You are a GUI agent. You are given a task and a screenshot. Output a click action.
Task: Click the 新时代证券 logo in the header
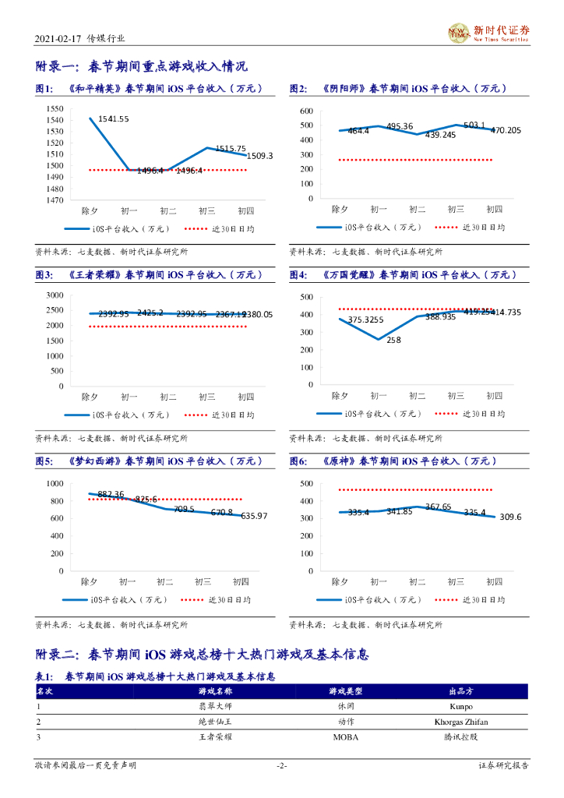[488, 33]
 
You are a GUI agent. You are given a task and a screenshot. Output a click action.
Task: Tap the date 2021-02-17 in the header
[57, 38]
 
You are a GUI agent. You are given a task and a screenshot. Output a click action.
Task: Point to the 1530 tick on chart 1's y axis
[55, 132]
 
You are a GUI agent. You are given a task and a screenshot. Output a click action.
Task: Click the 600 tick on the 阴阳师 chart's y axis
[305, 111]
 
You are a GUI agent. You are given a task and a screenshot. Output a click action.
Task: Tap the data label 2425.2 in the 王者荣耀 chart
[150, 312]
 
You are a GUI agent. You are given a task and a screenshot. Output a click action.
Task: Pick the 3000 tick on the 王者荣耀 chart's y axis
[55, 295]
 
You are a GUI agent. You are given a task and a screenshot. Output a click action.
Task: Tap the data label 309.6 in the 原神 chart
[511, 517]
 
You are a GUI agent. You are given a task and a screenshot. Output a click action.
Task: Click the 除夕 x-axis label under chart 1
[90, 210]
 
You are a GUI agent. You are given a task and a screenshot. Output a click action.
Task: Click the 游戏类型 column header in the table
[345, 691]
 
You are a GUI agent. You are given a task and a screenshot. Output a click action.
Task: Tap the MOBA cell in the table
[345, 736]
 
